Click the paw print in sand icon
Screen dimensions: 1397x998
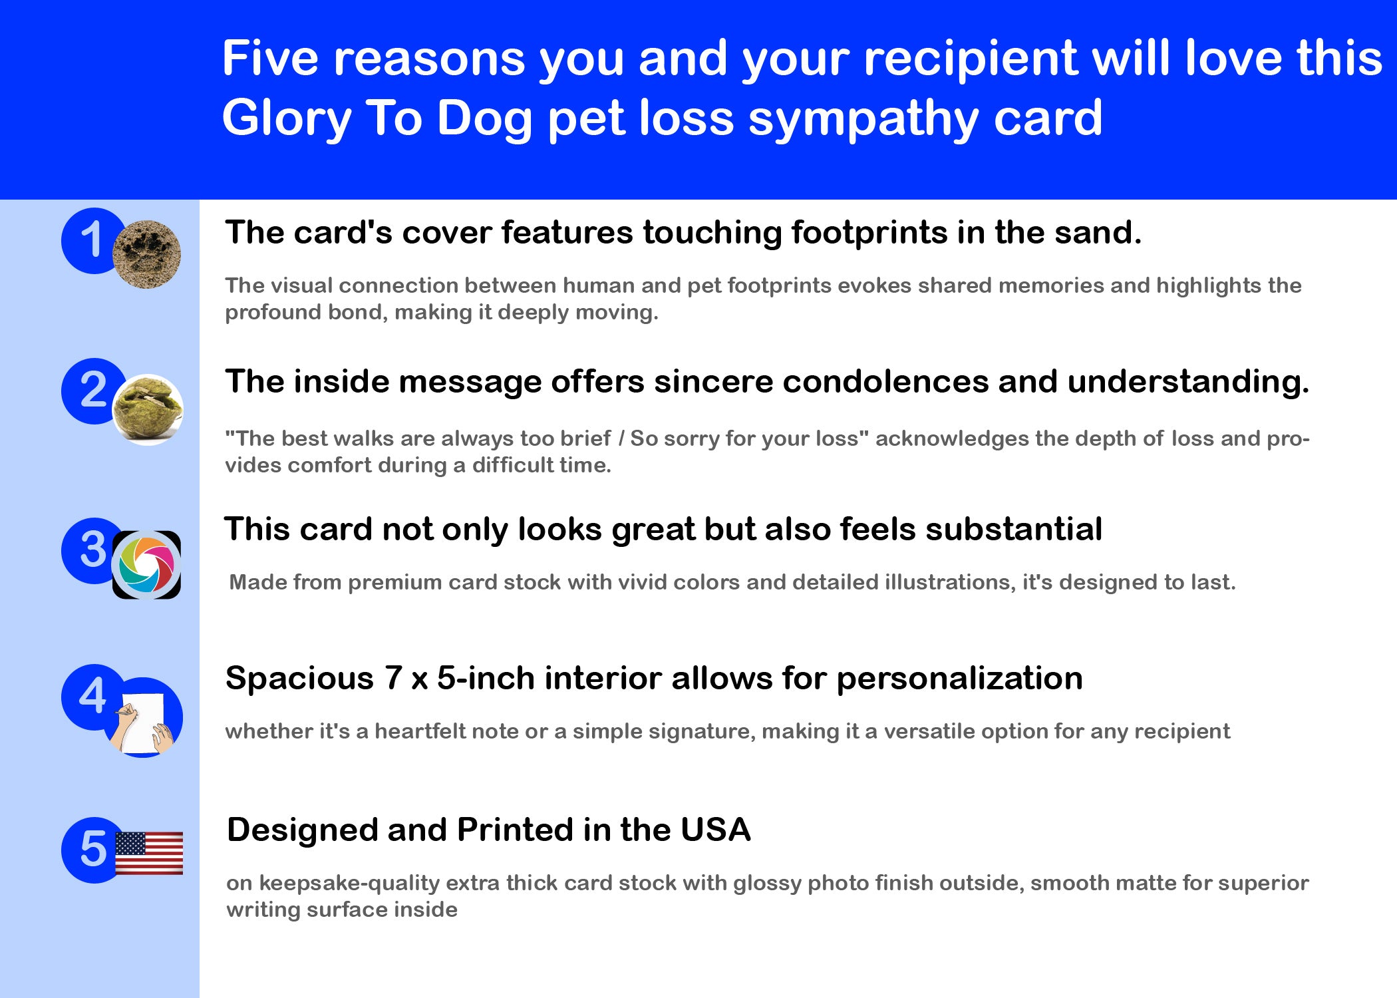[x=146, y=254]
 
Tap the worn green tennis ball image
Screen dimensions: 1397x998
[x=147, y=409]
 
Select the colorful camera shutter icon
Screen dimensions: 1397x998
[x=146, y=565]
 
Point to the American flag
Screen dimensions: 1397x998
[x=149, y=853]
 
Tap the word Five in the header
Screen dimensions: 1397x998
[x=270, y=59]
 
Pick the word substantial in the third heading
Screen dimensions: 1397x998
[x=1014, y=530]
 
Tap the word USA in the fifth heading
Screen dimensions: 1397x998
[x=716, y=830]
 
